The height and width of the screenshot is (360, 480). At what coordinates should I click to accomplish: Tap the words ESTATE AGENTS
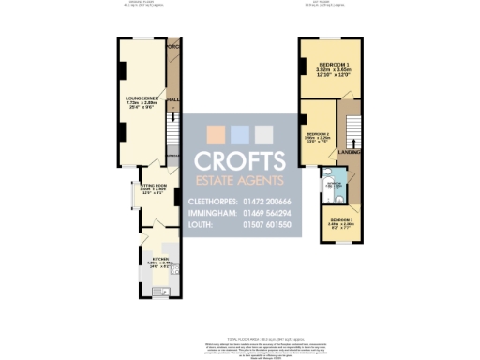pos(239,179)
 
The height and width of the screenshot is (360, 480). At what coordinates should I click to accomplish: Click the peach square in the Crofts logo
pos(215,132)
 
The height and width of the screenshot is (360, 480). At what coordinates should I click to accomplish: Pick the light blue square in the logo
pos(239,132)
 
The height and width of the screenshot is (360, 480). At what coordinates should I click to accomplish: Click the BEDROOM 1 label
pos(330,65)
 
